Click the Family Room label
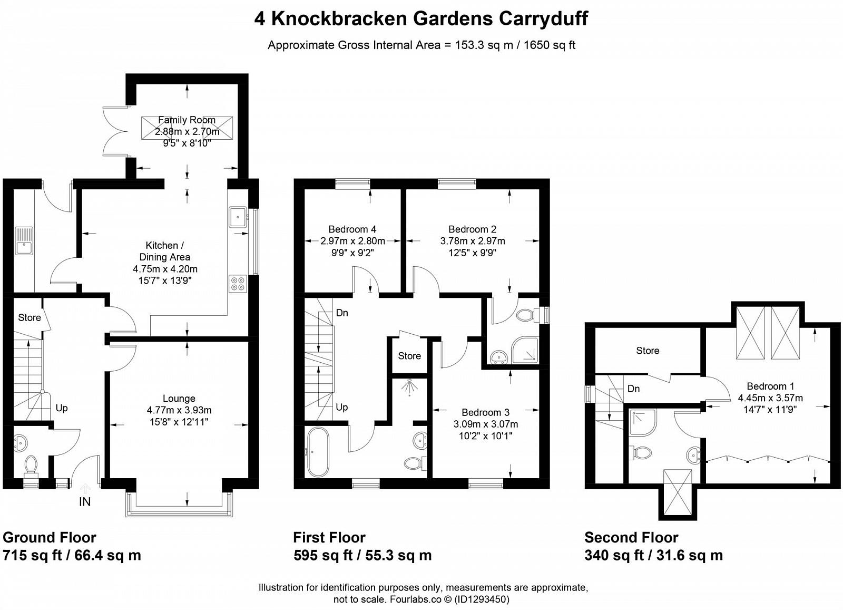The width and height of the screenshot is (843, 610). tap(187, 120)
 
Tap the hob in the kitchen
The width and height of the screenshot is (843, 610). tap(238, 284)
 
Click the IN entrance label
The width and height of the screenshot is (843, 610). tap(85, 501)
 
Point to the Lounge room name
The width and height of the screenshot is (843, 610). tap(179, 399)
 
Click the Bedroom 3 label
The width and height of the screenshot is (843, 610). tap(485, 412)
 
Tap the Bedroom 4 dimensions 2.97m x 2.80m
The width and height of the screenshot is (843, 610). tap(352, 241)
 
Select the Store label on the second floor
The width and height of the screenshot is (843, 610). tap(648, 351)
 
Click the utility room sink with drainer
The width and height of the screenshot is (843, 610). tap(24, 241)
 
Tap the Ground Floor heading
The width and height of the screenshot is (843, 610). tap(50, 538)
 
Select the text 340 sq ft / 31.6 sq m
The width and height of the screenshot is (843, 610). tap(653, 555)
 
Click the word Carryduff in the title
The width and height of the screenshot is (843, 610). tap(543, 18)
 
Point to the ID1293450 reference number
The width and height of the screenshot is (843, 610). tap(482, 599)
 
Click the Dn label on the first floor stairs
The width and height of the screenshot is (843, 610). tap(342, 313)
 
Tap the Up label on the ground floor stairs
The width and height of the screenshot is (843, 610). tap(62, 408)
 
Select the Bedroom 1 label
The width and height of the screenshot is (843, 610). tap(770, 386)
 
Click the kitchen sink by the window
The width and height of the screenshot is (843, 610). tap(238, 217)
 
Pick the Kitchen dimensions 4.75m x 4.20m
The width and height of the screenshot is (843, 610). tap(165, 269)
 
